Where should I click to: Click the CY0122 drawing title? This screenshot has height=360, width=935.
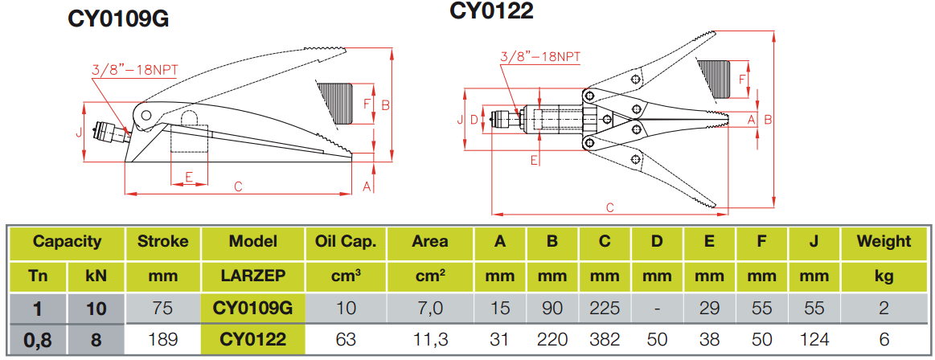pos(491,10)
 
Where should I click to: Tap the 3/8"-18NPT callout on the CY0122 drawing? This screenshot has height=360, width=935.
pos(539,56)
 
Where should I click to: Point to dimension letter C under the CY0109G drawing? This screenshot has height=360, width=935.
pos(238,186)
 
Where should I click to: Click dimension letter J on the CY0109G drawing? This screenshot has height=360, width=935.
pos(80,132)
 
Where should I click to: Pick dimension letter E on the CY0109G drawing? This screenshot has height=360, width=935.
pos(189,175)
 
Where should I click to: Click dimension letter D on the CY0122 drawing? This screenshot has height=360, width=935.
pos(474,120)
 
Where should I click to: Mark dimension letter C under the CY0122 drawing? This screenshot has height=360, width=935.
pos(610,207)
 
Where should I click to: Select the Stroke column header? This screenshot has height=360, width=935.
pos(163,241)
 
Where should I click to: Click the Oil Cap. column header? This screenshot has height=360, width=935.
pos(347,241)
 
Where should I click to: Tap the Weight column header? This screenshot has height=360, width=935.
pos(884,241)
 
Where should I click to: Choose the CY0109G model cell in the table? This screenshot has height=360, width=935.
pos(252,307)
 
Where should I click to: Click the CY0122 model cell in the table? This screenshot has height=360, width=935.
pos(252,339)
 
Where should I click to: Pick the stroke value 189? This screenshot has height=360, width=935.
pos(163,339)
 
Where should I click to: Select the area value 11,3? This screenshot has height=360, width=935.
pos(430,339)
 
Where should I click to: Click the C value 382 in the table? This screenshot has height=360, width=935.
pos(605,339)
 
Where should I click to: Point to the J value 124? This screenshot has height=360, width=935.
pos(814,339)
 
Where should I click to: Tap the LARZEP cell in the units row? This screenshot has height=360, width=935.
pos(252,276)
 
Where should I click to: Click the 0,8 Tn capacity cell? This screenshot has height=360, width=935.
pos(37,339)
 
